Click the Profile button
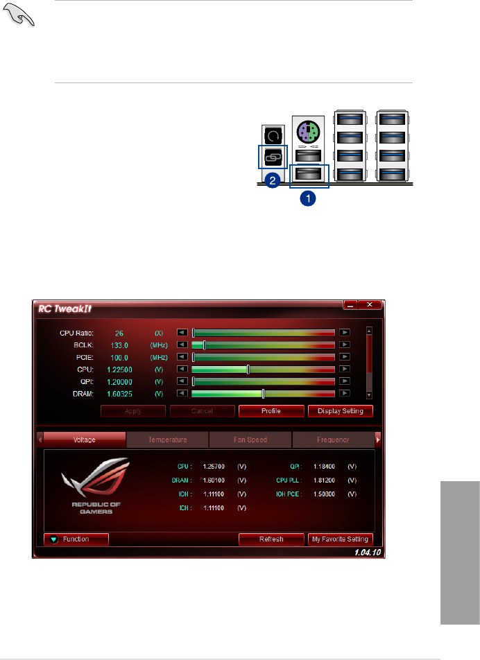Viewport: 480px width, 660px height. coord(271,411)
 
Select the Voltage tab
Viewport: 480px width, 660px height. coord(85,440)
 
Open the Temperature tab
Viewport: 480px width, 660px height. coord(168,440)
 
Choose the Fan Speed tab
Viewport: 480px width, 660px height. coord(250,440)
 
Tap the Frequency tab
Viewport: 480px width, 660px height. coord(333,440)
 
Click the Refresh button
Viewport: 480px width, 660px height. coord(271,539)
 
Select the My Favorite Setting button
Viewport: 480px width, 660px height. coord(340,539)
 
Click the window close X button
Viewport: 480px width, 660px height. coord(370,305)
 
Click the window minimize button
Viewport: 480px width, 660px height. coord(352,305)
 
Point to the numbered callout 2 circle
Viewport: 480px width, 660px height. coord(273,181)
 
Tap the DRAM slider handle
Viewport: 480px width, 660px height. coord(263,394)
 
